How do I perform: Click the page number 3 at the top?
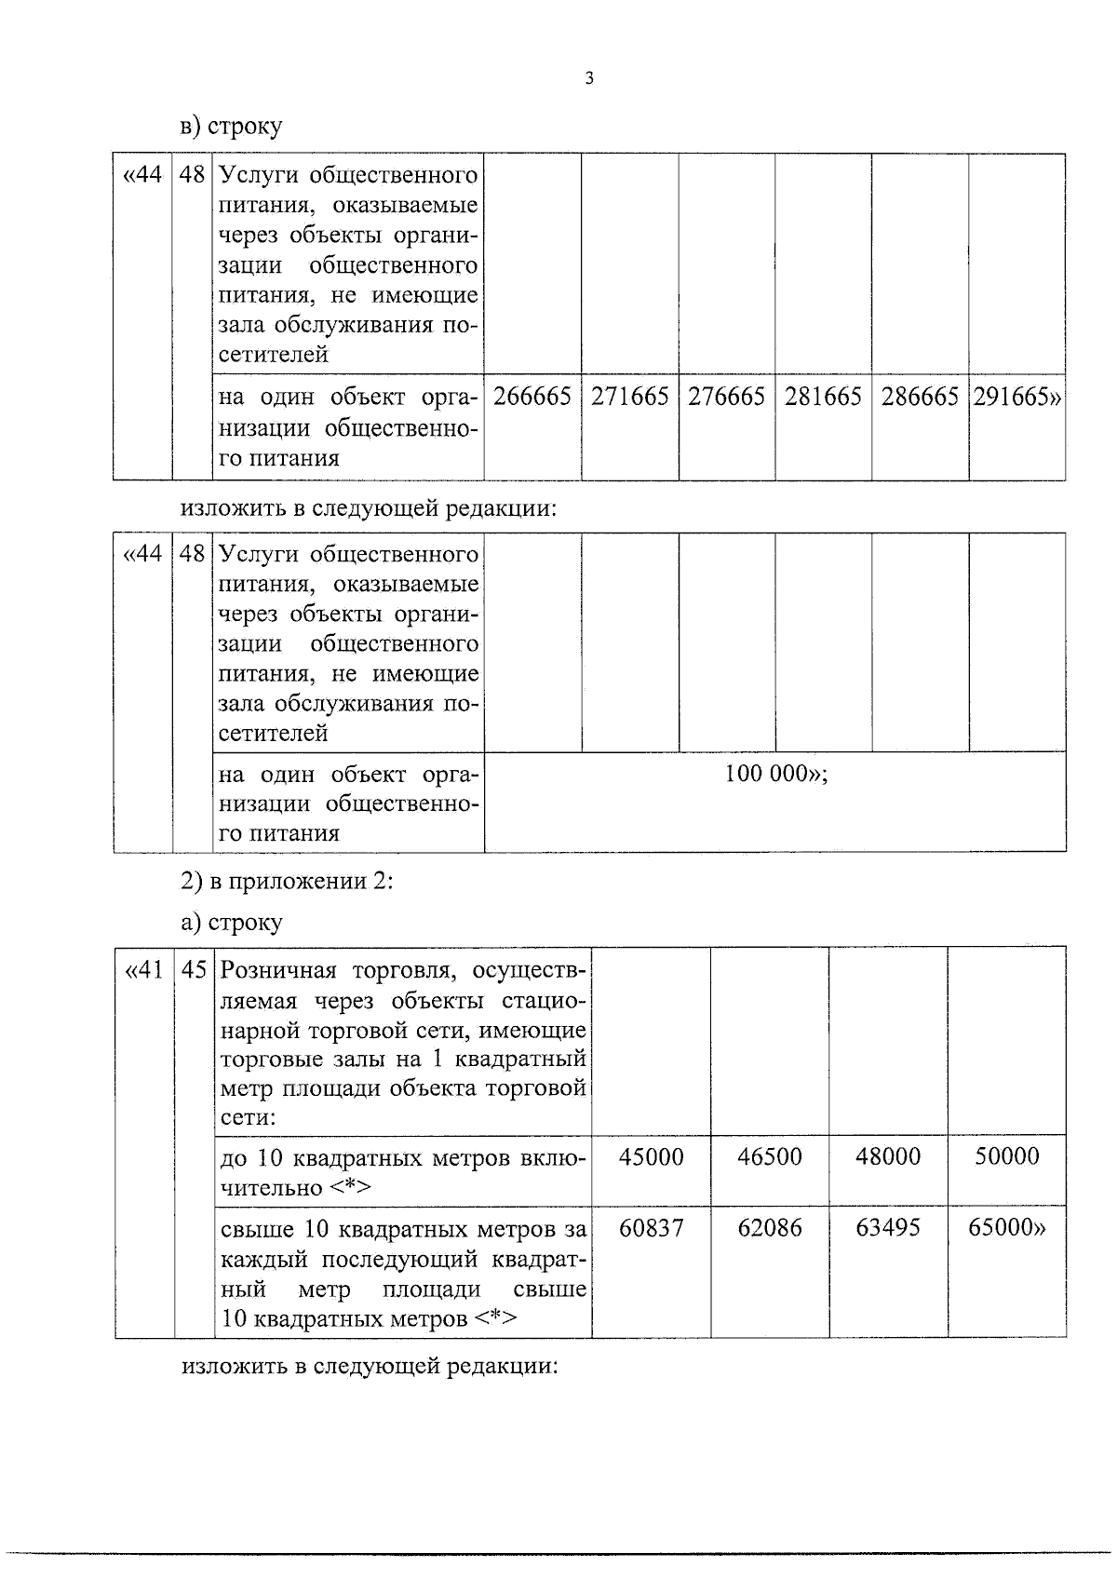tap(588, 78)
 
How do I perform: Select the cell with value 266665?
tap(532, 397)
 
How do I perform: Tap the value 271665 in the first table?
tap(630, 397)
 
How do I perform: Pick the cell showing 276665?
tap(726, 397)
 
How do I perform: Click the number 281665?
tap(823, 397)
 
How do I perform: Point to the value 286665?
tap(920, 397)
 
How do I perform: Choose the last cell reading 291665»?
tap(1016, 397)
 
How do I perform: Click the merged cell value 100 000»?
tap(776, 775)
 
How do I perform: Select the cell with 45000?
tap(651, 1156)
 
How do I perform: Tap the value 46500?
tap(770, 1156)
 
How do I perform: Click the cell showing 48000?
tap(888, 1156)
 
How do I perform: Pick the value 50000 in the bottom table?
tap(1006, 1156)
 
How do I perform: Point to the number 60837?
tap(651, 1228)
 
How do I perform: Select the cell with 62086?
tap(770, 1228)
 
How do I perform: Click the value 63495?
tap(888, 1228)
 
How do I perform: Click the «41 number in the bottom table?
tap(143, 970)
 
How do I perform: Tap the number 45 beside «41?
tap(194, 970)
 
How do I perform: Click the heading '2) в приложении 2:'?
tap(287, 881)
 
